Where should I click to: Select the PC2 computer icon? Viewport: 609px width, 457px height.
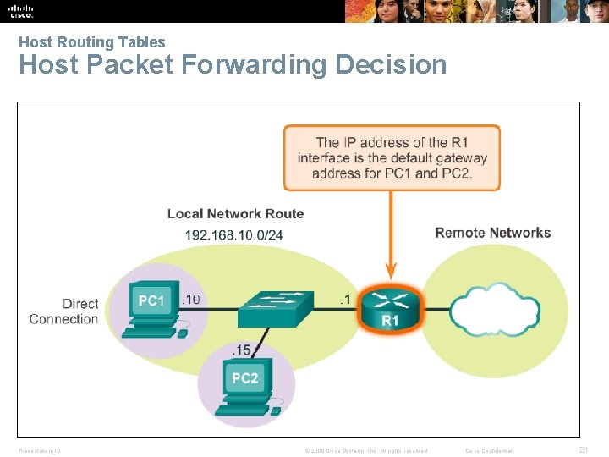click(244, 386)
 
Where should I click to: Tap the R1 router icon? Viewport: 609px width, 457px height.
click(390, 306)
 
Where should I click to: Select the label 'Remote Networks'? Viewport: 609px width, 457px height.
click(492, 233)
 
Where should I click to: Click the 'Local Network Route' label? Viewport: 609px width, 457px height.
click(235, 213)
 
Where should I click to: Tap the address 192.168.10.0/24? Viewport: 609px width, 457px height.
click(234, 234)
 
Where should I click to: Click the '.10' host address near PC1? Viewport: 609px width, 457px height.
click(191, 299)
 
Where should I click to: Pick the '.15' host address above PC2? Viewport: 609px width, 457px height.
click(240, 350)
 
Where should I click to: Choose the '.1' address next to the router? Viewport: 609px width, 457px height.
click(343, 299)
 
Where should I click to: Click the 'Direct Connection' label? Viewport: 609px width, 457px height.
click(64, 311)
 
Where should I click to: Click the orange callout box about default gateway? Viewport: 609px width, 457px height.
click(392, 157)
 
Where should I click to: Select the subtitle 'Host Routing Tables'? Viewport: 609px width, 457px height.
click(92, 41)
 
